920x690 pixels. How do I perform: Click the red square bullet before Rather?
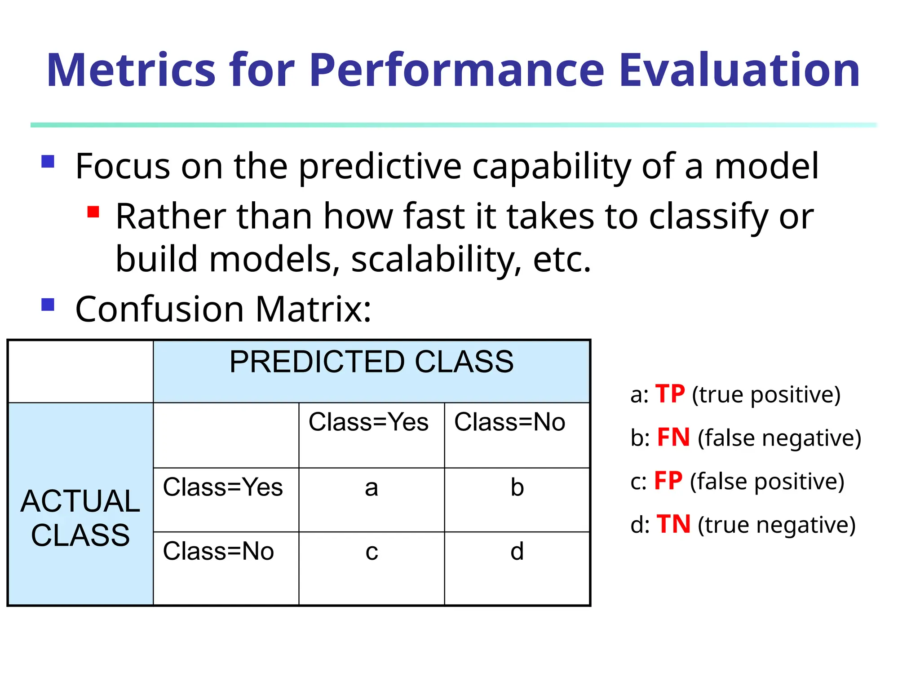pyautogui.click(x=93, y=212)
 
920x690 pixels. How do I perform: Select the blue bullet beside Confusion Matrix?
pyautogui.click(x=48, y=305)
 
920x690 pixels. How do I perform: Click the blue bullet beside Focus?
pyautogui.click(x=48, y=161)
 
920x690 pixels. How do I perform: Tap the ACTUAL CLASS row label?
pyautogui.click(x=80, y=518)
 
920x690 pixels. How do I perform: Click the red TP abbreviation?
pyautogui.click(x=670, y=394)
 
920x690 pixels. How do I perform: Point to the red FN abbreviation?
pyautogui.click(x=673, y=437)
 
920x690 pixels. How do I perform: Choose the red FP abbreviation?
pyautogui.click(x=668, y=481)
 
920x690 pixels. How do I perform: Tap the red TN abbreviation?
pyautogui.click(x=673, y=524)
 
